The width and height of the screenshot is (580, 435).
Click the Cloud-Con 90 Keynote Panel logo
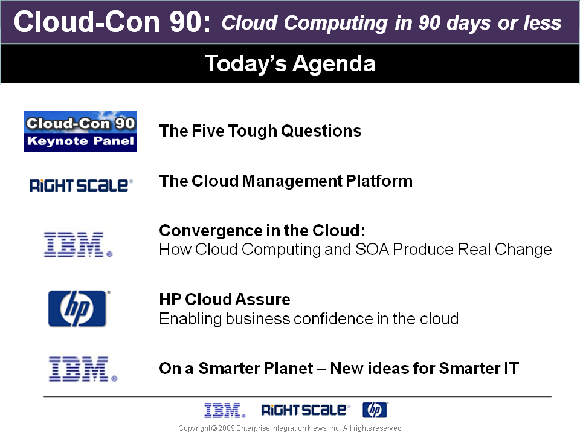[x=80, y=131]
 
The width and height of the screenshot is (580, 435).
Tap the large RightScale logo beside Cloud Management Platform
[x=81, y=185]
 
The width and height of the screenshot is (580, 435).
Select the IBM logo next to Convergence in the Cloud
[x=78, y=245]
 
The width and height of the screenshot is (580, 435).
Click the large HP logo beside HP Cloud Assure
[x=79, y=309]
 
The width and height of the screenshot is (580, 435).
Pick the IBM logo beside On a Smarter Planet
[x=83, y=369]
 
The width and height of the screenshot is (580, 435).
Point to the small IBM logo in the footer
[x=225, y=411]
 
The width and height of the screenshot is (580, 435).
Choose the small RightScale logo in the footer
[x=306, y=410]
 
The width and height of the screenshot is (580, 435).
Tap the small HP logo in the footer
[x=375, y=410]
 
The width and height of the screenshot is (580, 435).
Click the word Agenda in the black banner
[x=334, y=64]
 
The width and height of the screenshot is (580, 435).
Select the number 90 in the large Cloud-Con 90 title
[x=185, y=22]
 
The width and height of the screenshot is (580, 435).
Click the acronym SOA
[x=372, y=250]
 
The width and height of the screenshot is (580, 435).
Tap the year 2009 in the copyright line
[x=227, y=428]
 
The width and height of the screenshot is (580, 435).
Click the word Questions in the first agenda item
[x=321, y=131]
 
